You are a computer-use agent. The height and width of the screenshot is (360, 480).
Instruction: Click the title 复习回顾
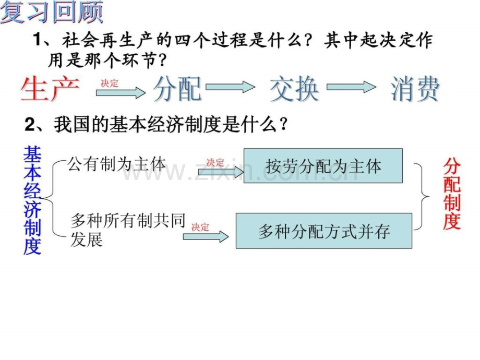(52, 12)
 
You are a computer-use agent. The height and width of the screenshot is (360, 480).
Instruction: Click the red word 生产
(50, 89)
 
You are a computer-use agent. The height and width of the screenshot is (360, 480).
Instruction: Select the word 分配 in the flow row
(177, 89)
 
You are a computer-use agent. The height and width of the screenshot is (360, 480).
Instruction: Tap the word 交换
(294, 89)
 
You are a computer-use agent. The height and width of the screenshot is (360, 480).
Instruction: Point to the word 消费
(415, 89)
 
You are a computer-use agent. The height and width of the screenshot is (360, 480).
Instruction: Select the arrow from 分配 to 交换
(230, 87)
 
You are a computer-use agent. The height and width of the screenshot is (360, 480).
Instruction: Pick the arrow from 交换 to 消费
(352, 87)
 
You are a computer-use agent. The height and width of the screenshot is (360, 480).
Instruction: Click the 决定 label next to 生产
(109, 83)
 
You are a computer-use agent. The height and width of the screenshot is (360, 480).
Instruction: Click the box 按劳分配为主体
(323, 166)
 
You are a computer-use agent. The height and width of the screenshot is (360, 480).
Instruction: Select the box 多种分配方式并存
(324, 231)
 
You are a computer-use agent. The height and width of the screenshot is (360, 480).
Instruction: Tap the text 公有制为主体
(117, 164)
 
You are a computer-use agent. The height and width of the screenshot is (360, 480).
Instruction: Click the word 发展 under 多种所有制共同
(86, 239)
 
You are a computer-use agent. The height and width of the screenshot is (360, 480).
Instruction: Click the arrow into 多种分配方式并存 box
(206, 237)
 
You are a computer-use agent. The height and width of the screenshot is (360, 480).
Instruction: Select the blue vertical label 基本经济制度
(32, 200)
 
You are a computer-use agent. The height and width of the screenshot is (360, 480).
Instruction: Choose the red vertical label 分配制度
(452, 194)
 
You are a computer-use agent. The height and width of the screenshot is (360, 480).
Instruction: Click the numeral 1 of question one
(37, 40)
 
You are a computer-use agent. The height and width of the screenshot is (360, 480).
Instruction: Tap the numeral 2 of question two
(30, 125)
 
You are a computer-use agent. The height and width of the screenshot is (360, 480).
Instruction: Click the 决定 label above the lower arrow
(200, 227)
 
